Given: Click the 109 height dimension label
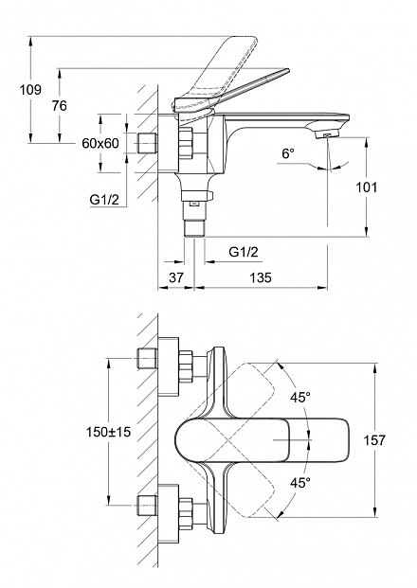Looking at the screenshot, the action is coord(30,90).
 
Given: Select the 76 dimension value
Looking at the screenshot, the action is coord(60,106).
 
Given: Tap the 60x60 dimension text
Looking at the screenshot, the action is coord(100,143).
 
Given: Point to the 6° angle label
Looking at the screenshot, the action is coord(288,153).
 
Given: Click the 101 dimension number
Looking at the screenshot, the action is coord(367,187).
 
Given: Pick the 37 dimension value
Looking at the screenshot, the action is coord(176,277).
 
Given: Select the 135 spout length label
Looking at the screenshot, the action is coord(261,277).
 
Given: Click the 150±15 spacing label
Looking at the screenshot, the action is coord(108,432).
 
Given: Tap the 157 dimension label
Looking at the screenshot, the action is coord(374,440).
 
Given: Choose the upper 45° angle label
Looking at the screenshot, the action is coord(299,397).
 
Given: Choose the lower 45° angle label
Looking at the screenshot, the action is coord(299,482).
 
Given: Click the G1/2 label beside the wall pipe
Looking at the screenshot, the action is coord(104,200).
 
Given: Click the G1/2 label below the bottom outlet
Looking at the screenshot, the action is coord(244,252).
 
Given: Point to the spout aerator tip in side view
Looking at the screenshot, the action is coord(327,134).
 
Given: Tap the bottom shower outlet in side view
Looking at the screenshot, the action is coord(194,229).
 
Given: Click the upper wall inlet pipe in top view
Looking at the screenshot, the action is coord(147,359).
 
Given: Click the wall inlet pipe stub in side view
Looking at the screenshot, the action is coord(147,143).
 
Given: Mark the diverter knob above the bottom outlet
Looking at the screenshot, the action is coord(197,195).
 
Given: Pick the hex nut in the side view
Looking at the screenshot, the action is coord(185,142).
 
